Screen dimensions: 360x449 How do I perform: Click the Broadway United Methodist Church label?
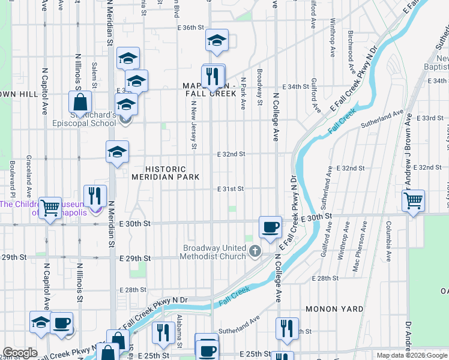point(214,252)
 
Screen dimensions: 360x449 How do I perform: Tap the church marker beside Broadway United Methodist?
point(255,250)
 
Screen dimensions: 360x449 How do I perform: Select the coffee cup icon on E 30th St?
point(270,227)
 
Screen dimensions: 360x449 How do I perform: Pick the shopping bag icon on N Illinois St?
point(80,102)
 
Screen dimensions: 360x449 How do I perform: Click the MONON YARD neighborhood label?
point(334,308)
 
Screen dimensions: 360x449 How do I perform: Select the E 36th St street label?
point(191,28)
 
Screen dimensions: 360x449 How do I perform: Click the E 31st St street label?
point(231,188)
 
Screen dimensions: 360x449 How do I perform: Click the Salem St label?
point(94,73)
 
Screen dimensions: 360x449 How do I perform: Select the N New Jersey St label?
point(193,124)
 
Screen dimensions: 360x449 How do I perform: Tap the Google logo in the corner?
point(20,353)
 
